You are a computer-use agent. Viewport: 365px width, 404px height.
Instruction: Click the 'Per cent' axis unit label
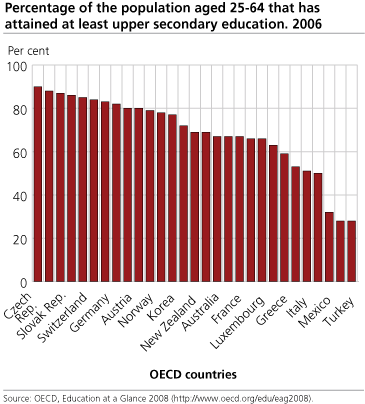tap(28, 48)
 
